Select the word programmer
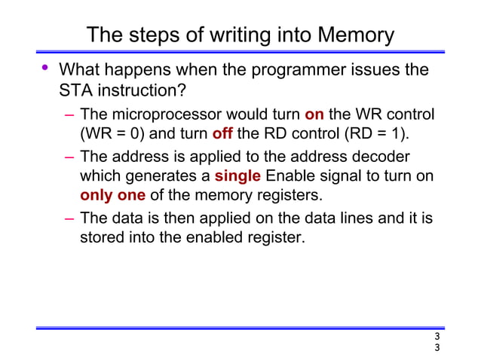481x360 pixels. click(289, 72)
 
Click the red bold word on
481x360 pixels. click(314, 116)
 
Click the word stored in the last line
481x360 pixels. click(103, 239)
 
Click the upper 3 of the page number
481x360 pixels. click(437, 337)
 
